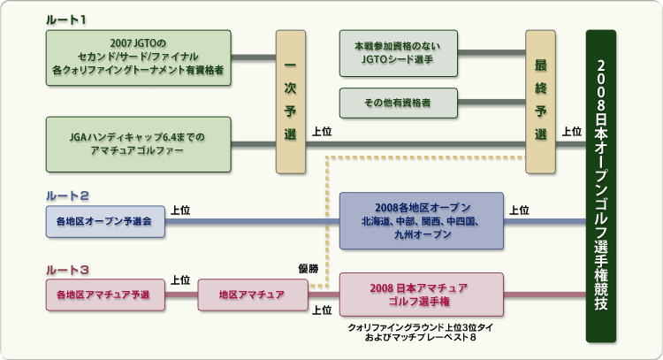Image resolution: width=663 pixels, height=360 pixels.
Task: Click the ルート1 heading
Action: coord(66,19)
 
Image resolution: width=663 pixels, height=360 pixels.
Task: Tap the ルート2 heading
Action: coord(67,195)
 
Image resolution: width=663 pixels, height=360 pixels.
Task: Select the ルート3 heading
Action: coord(67,270)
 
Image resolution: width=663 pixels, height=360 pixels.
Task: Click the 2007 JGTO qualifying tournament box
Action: coord(138,57)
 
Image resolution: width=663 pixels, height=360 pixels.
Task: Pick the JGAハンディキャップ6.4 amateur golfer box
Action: coord(138,144)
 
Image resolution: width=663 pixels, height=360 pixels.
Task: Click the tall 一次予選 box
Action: coord(291,102)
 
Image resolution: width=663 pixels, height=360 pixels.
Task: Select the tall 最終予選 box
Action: coord(540,102)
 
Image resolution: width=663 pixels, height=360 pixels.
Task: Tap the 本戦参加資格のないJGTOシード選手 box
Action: coord(399,53)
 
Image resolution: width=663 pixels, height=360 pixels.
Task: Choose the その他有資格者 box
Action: coord(399,103)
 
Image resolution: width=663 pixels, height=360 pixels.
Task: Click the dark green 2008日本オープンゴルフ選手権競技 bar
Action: coord(601,186)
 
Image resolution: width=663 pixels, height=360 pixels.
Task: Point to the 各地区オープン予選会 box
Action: coord(105,221)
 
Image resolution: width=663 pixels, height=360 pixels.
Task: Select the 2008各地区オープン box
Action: coord(421,221)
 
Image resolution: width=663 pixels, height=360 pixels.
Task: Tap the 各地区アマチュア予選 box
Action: coord(105,295)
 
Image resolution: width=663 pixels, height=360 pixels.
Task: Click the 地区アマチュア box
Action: coord(253,295)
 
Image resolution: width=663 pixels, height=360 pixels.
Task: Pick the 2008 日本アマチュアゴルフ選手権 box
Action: coord(421,295)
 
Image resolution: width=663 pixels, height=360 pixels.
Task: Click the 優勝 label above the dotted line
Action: coord(309,269)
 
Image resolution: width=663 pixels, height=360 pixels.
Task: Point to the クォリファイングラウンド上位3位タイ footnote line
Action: coord(420,327)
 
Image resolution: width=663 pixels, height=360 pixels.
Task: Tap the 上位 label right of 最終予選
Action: coord(572,132)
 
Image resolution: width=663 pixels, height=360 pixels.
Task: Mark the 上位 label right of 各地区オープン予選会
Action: coord(180,211)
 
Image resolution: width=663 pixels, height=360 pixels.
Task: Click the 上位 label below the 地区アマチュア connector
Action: coord(322,310)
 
